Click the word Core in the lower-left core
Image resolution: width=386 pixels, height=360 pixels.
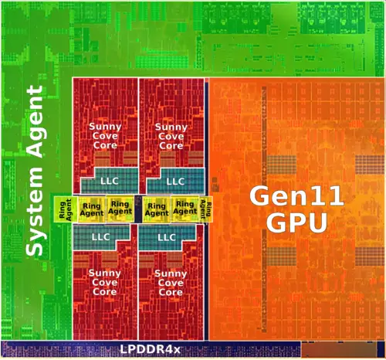[x=104, y=292]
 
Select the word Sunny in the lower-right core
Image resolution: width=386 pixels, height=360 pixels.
[x=171, y=273]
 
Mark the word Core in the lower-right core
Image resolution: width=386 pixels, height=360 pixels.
[x=171, y=292]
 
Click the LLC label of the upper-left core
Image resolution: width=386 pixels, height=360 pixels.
[x=110, y=181]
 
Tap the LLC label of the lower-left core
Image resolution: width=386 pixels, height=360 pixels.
[x=101, y=236]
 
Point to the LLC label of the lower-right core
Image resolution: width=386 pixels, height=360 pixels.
[x=168, y=236]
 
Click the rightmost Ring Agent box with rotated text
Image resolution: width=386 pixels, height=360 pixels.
[x=205, y=208]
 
